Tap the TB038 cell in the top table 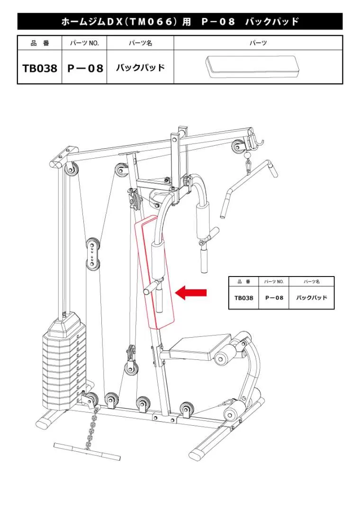40,68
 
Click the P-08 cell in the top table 85,68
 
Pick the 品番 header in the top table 40,43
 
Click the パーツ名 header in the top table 140,43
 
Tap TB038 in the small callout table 244,298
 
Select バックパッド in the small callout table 311,298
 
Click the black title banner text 180,22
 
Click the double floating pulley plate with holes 92,254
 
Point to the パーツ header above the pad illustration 258,43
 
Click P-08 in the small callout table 274,298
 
